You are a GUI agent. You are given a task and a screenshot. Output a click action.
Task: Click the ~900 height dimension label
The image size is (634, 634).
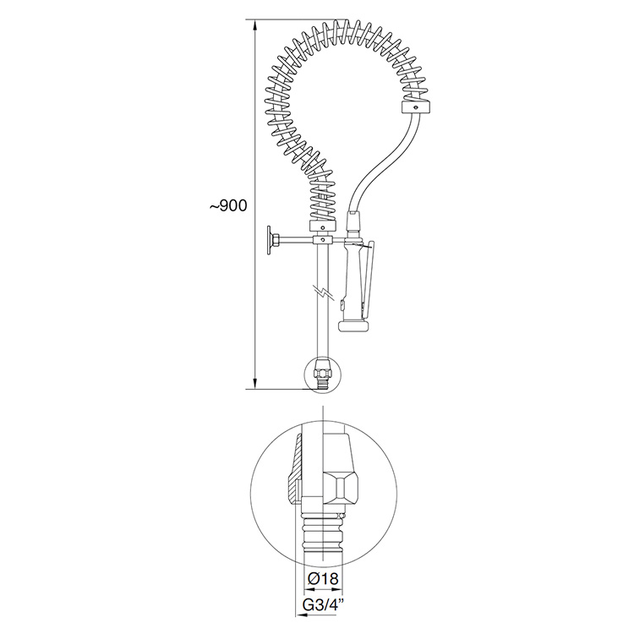[x=228, y=205]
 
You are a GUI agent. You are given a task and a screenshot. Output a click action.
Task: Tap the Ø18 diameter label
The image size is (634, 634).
[x=323, y=578]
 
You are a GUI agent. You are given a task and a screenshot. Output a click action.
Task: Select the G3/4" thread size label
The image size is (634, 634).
[x=323, y=605]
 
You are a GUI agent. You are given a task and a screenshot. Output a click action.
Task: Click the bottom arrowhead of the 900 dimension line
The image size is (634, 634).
[x=254, y=382]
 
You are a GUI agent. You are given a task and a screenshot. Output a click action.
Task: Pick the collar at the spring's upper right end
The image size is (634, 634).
[x=417, y=107]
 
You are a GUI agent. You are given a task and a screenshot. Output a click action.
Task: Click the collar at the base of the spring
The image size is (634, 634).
[x=323, y=227]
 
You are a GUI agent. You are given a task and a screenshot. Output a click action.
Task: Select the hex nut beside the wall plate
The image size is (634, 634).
[x=275, y=241]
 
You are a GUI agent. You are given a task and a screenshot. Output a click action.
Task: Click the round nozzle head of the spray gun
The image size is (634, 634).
[x=353, y=325]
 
